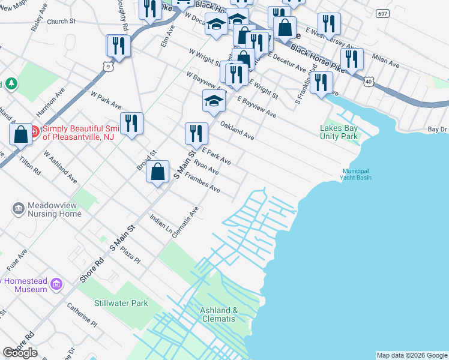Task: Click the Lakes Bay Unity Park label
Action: pos(339,131)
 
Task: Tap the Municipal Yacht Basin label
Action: pos(357,174)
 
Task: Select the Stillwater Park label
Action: pos(121,303)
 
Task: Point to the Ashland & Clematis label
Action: pos(218,314)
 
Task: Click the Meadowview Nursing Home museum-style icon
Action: pos(18,209)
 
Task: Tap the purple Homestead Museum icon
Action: pos(57,283)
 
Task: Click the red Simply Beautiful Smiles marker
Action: pos(34,131)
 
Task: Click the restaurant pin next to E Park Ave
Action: pos(196,134)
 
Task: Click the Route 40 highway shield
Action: pos(369,80)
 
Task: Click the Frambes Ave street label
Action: pos(202,182)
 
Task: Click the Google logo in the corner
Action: pos(20,353)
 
